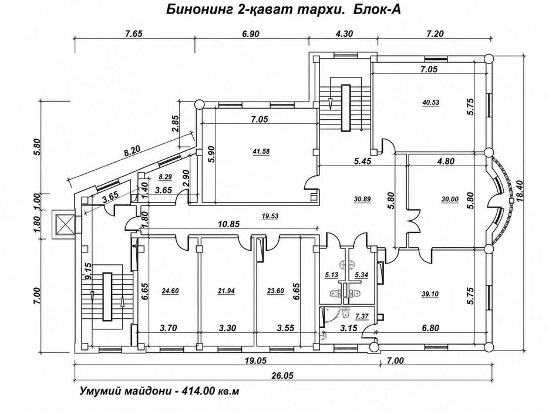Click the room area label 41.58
261,151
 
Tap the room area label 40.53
431,103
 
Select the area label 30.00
450,199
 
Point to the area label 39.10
430,294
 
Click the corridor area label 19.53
270,216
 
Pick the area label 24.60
170,291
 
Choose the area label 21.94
226,291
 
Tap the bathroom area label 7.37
361,316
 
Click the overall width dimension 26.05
282,376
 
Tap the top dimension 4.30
344,33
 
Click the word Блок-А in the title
377,9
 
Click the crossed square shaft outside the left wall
63,224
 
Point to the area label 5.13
331,275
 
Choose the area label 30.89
362,199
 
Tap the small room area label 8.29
165,177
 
